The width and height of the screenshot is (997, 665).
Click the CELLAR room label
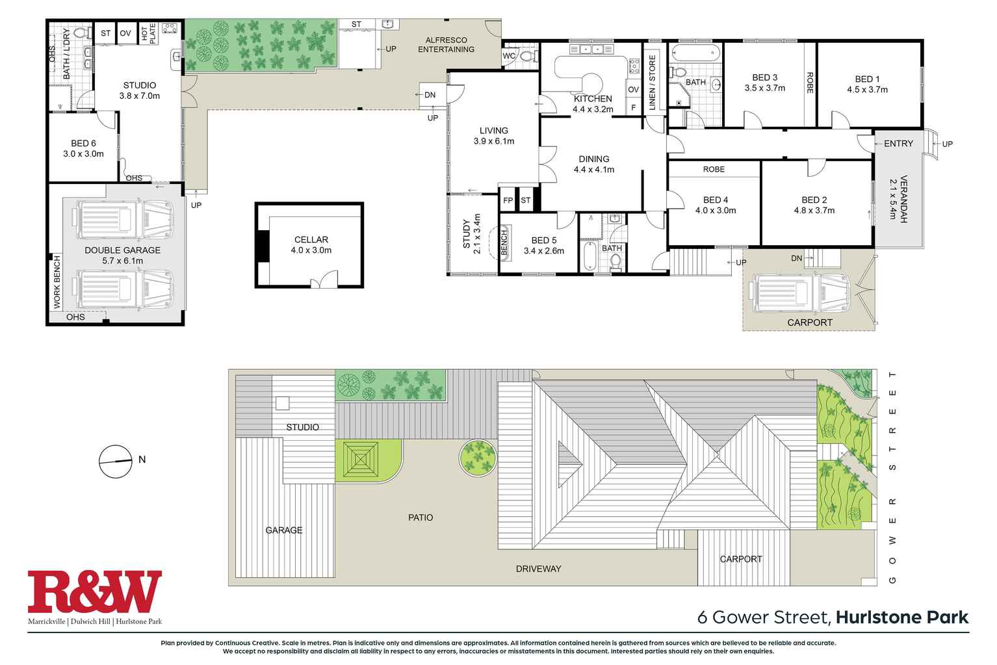coord(311,240)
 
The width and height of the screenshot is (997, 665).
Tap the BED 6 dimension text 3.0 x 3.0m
coord(83,154)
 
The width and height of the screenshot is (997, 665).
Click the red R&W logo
coord(94,592)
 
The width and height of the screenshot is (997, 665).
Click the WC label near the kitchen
coord(509,57)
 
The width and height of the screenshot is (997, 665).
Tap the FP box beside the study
coord(508,201)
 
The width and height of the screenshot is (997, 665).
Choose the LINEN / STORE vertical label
coord(653,83)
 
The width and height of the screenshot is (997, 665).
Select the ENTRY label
coord(898,144)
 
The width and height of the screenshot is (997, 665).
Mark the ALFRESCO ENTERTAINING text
coord(446,45)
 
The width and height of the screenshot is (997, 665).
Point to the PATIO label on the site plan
coord(421,517)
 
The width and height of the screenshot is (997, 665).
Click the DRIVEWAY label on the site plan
coord(538,569)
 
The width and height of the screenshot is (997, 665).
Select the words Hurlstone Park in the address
coord(902,617)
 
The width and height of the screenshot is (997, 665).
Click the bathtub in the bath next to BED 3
coord(695,53)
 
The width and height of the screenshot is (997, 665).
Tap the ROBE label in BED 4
coord(714,169)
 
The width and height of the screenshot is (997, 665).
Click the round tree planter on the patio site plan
coord(478,457)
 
